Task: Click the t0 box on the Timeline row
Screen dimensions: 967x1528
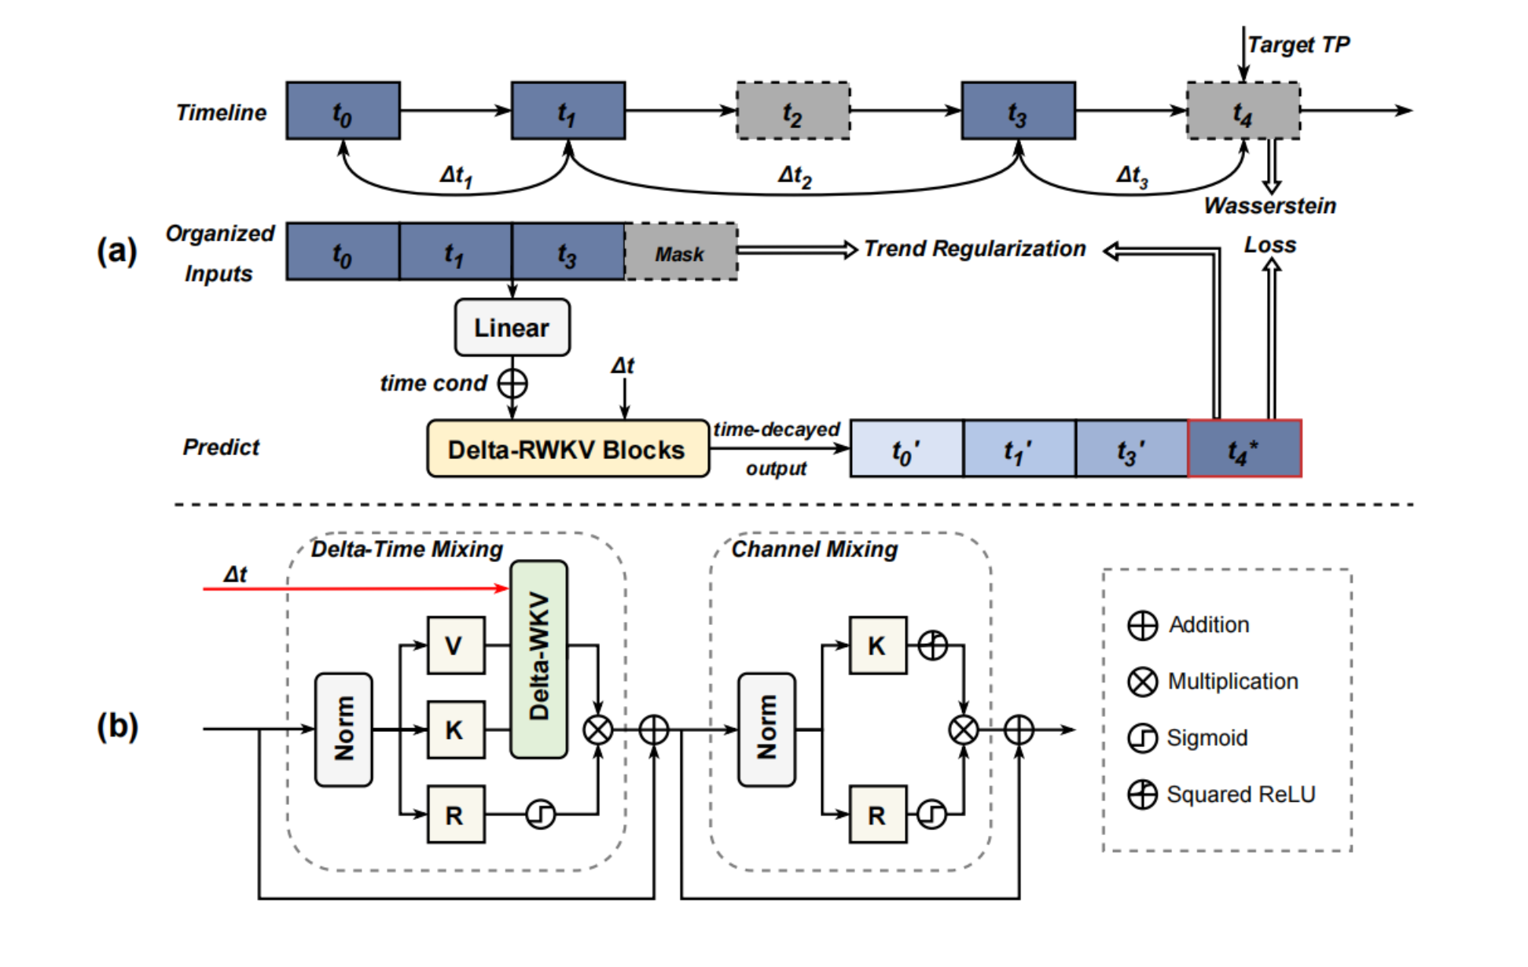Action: coord(343,111)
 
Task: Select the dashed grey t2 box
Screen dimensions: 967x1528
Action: coord(792,111)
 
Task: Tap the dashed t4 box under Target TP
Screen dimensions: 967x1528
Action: coord(1243,111)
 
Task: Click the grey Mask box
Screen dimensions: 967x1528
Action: coord(681,252)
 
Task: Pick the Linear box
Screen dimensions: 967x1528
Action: coord(512,327)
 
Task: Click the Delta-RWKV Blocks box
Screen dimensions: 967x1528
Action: coord(567,449)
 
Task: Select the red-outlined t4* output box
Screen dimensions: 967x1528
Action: coord(1244,449)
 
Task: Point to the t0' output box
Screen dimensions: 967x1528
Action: coord(906,449)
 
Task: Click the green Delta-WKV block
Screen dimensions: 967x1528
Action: coord(538,659)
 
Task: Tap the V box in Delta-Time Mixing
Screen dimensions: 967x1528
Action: coord(455,645)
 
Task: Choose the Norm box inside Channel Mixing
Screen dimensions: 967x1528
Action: coord(766,730)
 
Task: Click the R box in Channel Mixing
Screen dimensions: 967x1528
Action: coord(877,814)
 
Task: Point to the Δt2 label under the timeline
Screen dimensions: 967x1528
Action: coord(795,175)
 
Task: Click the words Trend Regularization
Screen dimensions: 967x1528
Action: coord(975,249)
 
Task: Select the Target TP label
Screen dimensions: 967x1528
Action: coord(1298,45)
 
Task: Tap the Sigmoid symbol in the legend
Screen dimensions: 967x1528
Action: coord(1142,738)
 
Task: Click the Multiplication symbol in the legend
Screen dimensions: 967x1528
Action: coord(1142,682)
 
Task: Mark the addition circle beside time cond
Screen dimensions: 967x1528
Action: coord(512,384)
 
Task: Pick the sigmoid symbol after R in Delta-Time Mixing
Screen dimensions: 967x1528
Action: coord(540,814)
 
